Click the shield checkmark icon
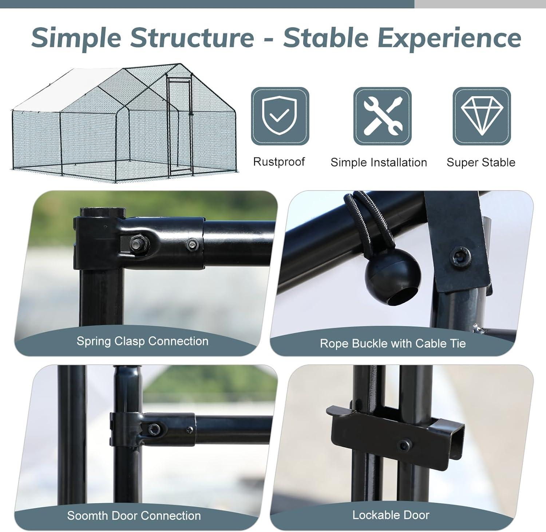point(280,116)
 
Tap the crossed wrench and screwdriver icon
point(383,116)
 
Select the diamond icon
point(482,116)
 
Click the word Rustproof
point(279,161)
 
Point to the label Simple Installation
point(379,162)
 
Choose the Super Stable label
point(481,162)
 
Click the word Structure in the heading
point(192,37)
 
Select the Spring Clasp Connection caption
point(142,341)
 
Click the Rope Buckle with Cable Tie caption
point(393,343)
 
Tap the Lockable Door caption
point(391,515)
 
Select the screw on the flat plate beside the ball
point(458,257)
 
